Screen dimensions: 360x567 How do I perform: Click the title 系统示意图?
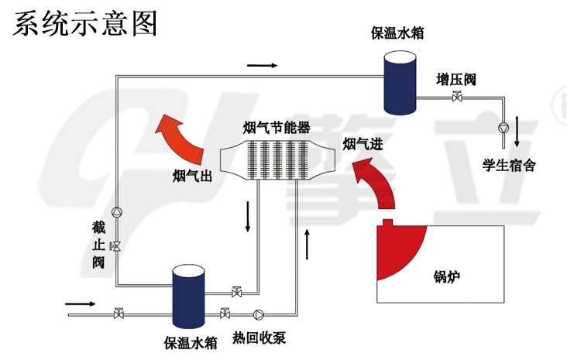click(x=84, y=22)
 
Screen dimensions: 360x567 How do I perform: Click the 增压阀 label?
click(x=455, y=79)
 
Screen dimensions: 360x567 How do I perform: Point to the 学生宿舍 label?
click(x=509, y=165)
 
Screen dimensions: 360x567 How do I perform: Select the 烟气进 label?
click(x=363, y=144)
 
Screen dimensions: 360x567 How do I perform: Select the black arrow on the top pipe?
click(x=263, y=65)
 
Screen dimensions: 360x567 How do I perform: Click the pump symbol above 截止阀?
click(x=117, y=211)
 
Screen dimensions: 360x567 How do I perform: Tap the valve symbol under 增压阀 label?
click(x=457, y=98)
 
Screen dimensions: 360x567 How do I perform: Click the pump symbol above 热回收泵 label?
click(x=259, y=315)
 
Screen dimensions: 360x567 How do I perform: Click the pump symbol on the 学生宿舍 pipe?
click(x=503, y=127)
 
